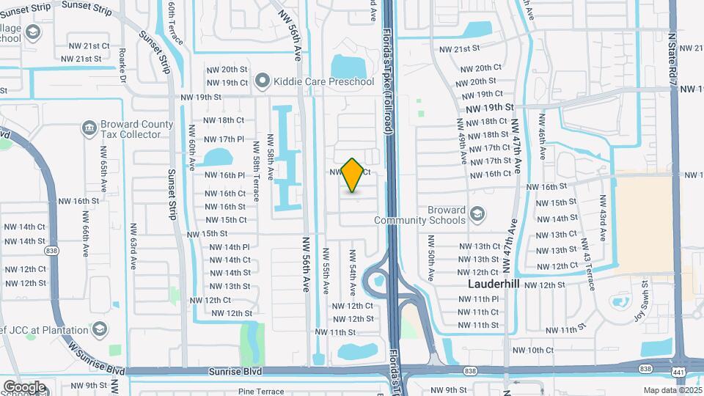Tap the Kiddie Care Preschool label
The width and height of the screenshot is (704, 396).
click(x=323, y=81)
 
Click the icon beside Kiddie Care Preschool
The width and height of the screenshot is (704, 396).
click(x=263, y=81)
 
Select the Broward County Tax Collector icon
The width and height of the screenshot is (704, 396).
click(x=89, y=129)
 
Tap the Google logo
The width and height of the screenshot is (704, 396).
click(x=24, y=386)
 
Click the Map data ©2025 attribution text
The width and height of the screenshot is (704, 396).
click(x=672, y=390)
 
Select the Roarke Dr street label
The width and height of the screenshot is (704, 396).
click(x=123, y=66)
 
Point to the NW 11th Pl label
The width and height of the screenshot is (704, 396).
click(x=479, y=299)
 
